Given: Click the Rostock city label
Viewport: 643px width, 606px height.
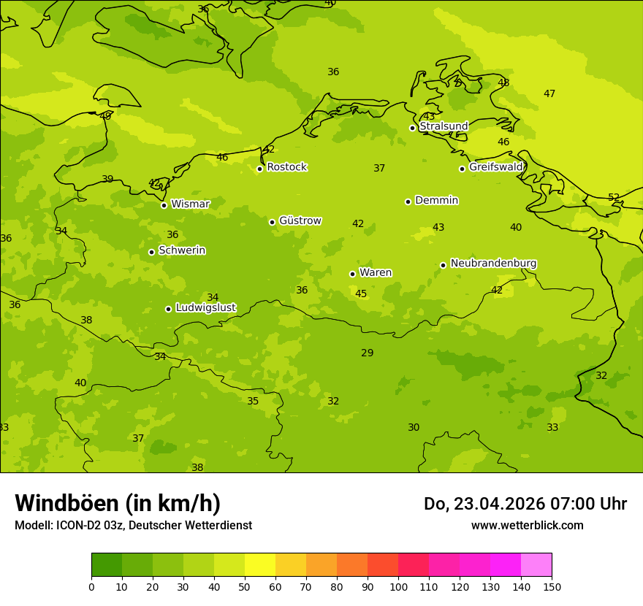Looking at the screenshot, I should (286, 167).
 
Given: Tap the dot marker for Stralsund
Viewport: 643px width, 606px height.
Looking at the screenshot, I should (412, 128).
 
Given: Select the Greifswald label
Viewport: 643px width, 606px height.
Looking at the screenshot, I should (495, 167).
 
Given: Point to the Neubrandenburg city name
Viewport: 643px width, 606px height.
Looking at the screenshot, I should (493, 264).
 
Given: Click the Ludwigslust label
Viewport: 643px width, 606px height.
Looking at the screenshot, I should (205, 308).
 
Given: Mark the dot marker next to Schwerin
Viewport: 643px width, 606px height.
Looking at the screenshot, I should (151, 252).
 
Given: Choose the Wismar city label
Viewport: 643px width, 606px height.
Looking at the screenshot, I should (190, 204).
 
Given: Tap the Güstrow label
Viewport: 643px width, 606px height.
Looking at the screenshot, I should (300, 220).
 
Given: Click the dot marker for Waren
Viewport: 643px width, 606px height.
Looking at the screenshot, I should (352, 274).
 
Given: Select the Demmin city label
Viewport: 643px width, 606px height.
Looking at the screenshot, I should (436, 200).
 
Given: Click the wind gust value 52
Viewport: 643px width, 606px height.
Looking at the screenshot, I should (614, 198).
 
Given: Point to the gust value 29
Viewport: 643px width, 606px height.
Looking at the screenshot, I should (367, 353).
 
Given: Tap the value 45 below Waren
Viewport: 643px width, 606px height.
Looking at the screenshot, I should (361, 294).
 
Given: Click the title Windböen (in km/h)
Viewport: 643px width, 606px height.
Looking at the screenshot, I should (118, 503).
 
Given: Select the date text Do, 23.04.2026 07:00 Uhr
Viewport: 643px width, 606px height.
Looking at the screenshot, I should (525, 504).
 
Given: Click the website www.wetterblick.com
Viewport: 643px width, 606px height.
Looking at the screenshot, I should (527, 526).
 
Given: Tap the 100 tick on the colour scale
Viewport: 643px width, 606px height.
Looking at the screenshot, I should (398, 586).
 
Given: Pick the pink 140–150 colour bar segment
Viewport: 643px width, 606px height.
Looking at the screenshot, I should (536, 565).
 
